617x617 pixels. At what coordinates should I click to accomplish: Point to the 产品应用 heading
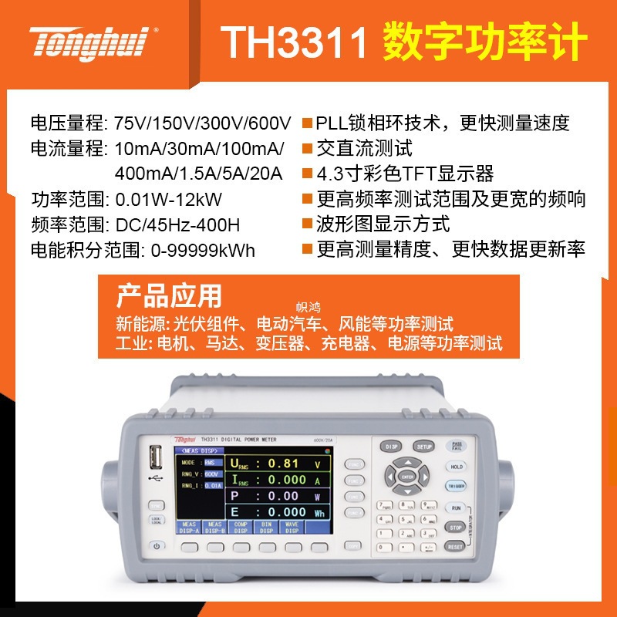point(167,295)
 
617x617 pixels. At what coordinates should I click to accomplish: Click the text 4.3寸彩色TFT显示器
point(405,174)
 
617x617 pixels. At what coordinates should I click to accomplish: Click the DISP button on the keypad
point(390,447)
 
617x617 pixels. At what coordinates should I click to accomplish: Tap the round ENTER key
point(408,477)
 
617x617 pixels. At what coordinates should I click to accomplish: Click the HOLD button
point(456,467)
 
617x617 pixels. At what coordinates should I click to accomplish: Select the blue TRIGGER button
point(456,486)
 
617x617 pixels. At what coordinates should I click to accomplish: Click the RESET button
point(455,546)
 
